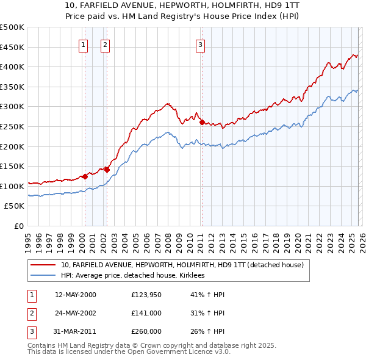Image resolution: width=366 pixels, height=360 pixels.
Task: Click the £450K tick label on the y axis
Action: pyautogui.click(x=12, y=47)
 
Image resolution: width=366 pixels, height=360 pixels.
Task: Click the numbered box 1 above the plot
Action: pyautogui.click(x=84, y=43)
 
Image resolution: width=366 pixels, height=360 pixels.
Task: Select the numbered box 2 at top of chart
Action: pyautogui.click(x=105, y=43)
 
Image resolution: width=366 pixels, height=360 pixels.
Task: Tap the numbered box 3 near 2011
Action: pyautogui.click(x=200, y=43)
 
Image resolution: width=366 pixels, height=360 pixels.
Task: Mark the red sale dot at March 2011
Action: pyautogui.click(x=202, y=123)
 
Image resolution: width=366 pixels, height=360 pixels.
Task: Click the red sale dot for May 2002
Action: pyautogui.click(x=107, y=170)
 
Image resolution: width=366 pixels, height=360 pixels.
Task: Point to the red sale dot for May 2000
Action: pyautogui.click(x=85, y=176)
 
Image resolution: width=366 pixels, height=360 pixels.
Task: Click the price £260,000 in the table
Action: pyautogui.click(x=146, y=331)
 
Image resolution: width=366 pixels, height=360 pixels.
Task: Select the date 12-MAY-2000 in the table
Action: pyautogui.click(x=76, y=295)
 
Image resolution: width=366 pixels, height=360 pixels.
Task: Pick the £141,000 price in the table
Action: pyautogui.click(x=146, y=313)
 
